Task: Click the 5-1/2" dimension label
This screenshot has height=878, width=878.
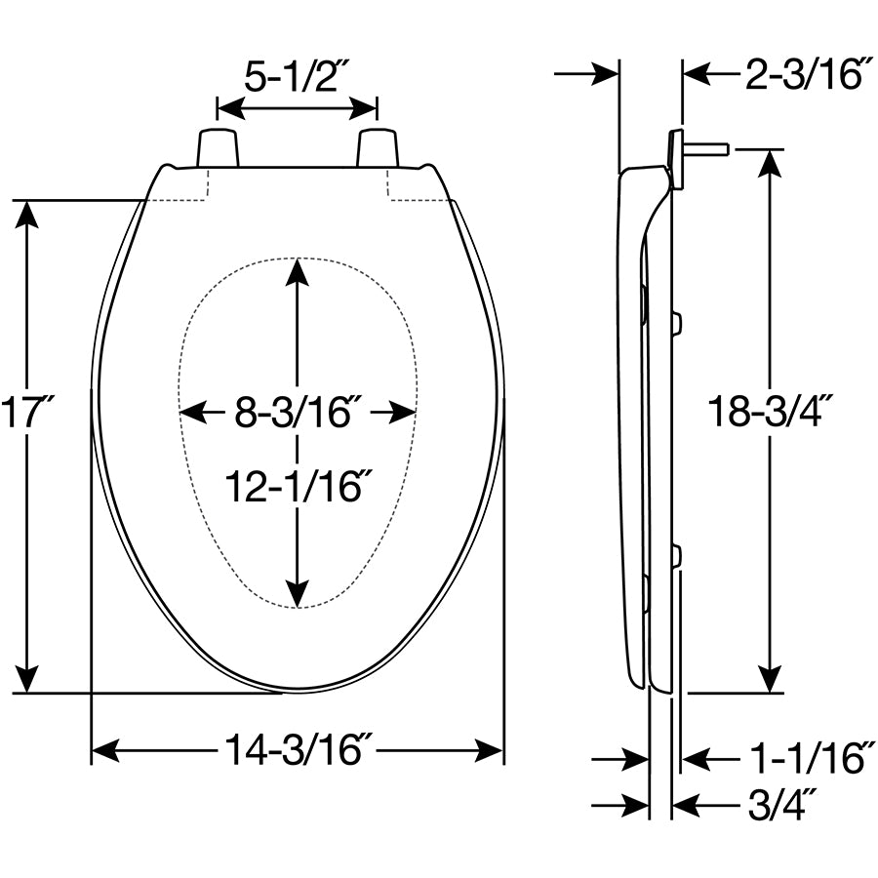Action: pos(297,76)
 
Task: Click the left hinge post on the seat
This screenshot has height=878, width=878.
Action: pos(218,147)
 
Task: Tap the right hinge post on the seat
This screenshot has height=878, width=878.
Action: pos(378,147)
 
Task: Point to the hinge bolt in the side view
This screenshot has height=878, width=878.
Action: pos(707,149)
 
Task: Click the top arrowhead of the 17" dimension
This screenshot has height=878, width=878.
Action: pos(28,216)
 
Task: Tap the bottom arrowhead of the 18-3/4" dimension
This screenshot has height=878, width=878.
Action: pos(771,677)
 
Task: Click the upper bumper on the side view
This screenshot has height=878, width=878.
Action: pos(677,322)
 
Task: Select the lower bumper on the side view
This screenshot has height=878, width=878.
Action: pos(676,557)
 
